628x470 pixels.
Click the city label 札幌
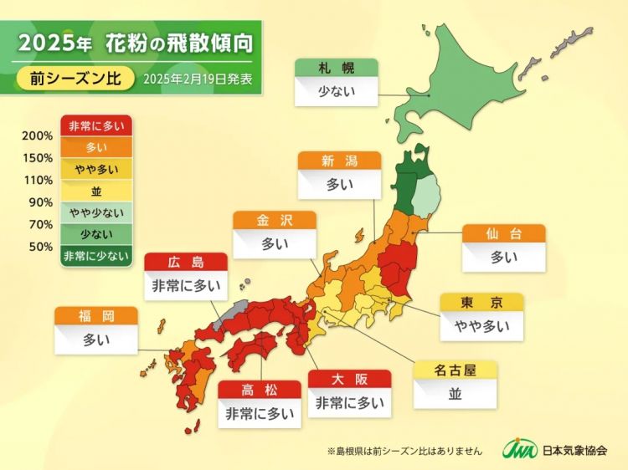point(336,68)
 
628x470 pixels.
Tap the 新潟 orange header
point(338,161)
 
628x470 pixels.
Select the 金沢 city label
point(274,220)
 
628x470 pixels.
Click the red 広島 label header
point(186,262)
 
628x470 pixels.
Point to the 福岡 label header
point(95,316)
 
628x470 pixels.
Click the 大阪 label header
point(349,378)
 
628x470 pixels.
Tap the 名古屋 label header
point(456,370)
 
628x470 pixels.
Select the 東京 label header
point(481,302)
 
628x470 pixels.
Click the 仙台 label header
point(504,233)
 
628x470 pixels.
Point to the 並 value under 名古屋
point(456,393)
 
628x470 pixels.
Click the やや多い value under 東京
point(481,325)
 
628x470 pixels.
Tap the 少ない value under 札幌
point(336,90)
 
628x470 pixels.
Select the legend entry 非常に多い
point(95,125)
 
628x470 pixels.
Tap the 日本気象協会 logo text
point(574,450)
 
